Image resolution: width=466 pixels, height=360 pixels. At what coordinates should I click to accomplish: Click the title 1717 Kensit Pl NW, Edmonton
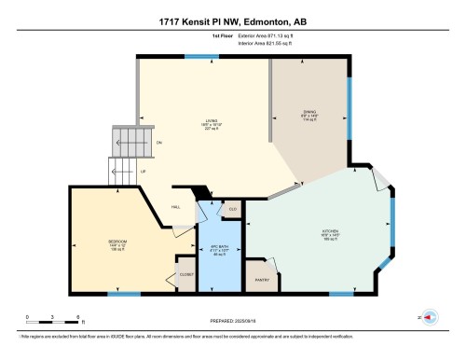[232, 19]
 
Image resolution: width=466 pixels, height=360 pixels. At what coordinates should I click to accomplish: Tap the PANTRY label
[262, 279]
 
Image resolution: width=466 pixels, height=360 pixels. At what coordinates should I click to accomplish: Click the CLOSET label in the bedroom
[185, 276]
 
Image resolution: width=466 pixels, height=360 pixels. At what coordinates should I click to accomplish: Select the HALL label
[175, 206]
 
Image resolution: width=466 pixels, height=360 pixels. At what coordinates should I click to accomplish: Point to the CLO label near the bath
[233, 209]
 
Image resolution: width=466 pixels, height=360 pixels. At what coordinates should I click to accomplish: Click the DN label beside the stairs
[159, 142]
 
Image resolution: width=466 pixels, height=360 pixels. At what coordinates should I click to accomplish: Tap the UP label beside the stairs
[143, 171]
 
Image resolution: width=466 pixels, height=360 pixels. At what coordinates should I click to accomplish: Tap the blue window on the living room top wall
[196, 56]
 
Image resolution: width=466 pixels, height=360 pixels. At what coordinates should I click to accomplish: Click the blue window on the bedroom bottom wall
[117, 295]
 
